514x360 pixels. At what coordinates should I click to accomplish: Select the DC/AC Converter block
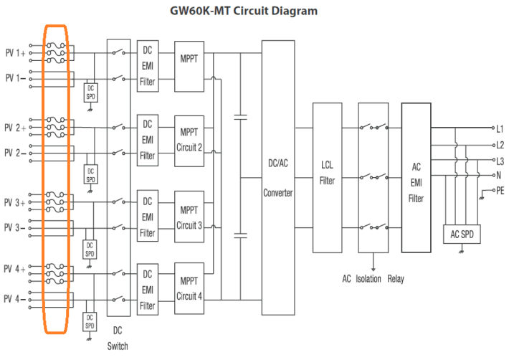pyautogui.click(x=277, y=179)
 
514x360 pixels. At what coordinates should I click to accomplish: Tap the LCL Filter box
pyautogui.click(x=327, y=176)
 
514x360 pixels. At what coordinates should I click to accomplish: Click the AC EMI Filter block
pyautogui.click(x=416, y=178)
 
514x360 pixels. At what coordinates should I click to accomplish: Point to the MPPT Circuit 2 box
pyautogui.click(x=189, y=140)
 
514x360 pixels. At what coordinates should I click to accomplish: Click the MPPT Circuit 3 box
pyautogui.click(x=189, y=218)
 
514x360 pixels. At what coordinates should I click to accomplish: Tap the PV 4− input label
pyautogui.click(x=15, y=298)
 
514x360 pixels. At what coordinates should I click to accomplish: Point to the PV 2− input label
pyautogui.click(x=15, y=153)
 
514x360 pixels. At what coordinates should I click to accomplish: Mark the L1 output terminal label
pyautogui.click(x=500, y=129)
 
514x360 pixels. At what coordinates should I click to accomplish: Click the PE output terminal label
pyautogui.click(x=500, y=190)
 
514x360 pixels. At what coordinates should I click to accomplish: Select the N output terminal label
pyautogui.click(x=498, y=175)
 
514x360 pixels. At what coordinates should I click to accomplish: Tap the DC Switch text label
pyautogui.click(x=118, y=338)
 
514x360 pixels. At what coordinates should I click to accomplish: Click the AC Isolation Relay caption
pyautogui.click(x=373, y=279)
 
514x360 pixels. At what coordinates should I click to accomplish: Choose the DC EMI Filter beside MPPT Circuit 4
pyautogui.click(x=147, y=290)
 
